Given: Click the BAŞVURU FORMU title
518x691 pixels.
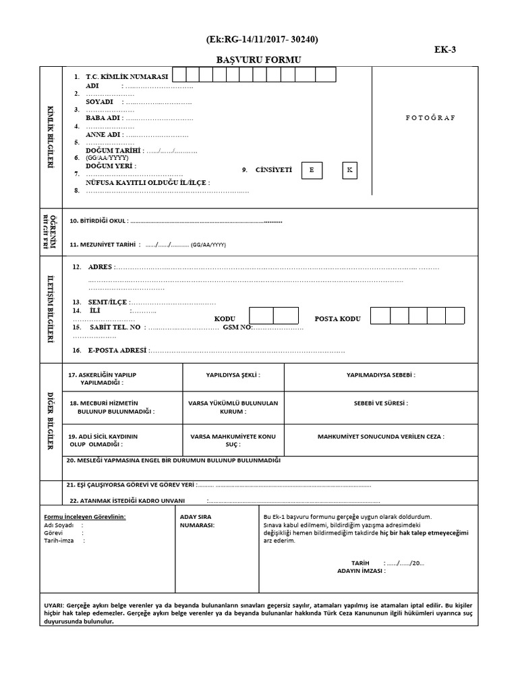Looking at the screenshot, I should click(258, 60).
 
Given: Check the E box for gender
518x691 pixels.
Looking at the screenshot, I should click(311, 171).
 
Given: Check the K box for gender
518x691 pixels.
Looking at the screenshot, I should click(349, 170).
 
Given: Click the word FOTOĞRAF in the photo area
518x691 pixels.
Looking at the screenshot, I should click(430, 117).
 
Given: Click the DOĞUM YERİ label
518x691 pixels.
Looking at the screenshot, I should click(111, 166).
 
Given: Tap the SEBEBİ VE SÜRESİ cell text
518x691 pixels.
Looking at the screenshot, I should click(380, 403).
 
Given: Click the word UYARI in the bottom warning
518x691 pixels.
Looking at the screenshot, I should click(54, 606).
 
